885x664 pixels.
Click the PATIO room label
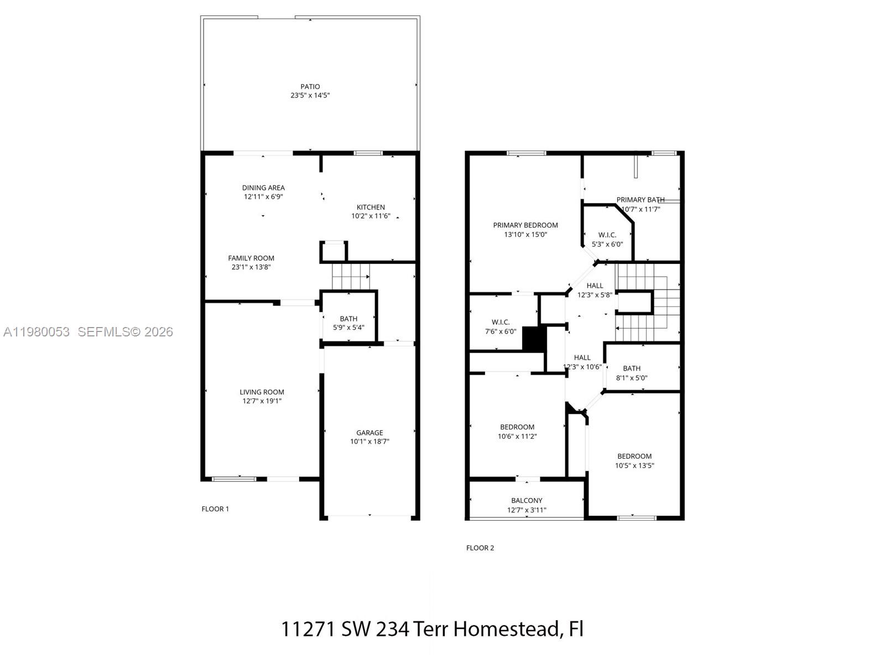(x=310, y=86)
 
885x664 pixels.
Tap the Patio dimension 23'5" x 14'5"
(x=310, y=95)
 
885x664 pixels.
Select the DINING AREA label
(x=263, y=188)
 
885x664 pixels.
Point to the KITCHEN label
(x=371, y=207)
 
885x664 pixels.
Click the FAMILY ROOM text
(x=251, y=258)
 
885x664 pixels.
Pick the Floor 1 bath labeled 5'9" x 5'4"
(x=348, y=323)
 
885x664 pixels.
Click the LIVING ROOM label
(x=262, y=392)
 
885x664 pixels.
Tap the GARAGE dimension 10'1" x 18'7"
(x=369, y=442)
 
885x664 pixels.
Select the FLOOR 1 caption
(x=215, y=509)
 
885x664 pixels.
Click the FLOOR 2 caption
(x=480, y=548)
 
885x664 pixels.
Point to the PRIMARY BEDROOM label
(x=525, y=225)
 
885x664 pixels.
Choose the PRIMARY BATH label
(x=641, y=200)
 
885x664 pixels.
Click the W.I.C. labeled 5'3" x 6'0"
(x=607, y=239)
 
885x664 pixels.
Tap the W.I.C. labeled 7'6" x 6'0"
(x=501, y=326)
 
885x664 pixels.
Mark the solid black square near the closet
(x=534, y=339)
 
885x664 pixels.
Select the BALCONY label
(x=527, y=500)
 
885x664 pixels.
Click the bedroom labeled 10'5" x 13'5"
(x=634, y=460)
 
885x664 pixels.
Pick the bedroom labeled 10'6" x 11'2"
(x=517, y=431)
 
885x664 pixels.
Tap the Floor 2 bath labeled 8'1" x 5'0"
(x=632, y=373)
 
